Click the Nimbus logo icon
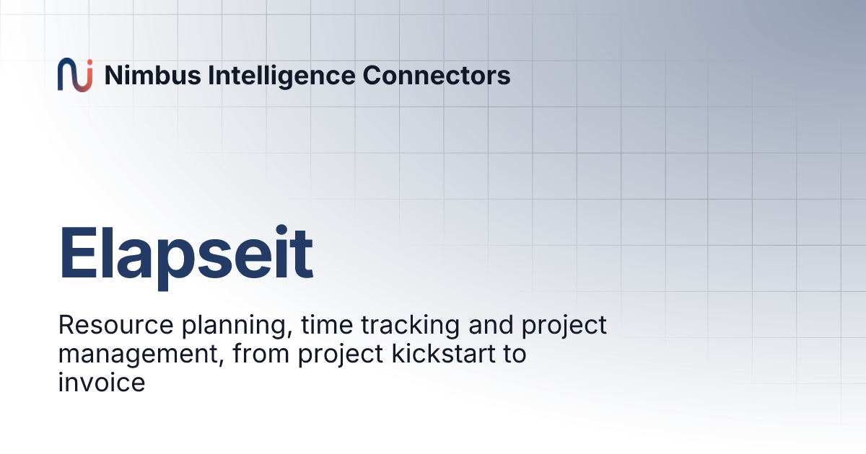tap(75, 75)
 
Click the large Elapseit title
tap(185, 254)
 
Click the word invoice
tap(101, 383)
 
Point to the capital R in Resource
tap(66, 326)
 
